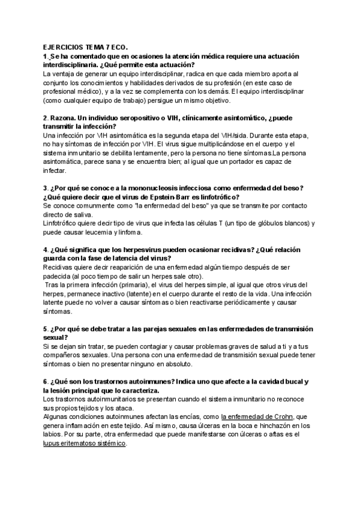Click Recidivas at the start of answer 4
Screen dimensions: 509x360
pos(61,267)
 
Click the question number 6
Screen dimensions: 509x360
pos(46,382)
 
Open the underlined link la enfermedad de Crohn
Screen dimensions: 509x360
pos(255,417)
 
